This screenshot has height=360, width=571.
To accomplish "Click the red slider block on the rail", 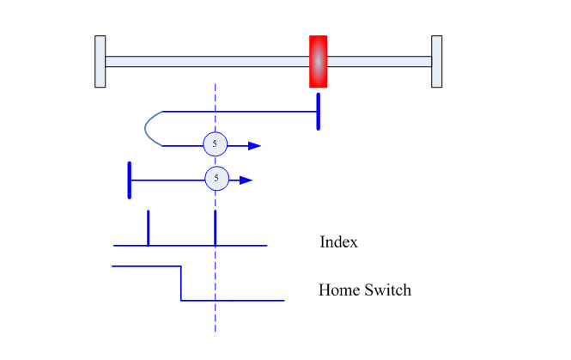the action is coord(319,62).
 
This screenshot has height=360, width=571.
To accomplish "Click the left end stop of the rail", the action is coord(100,62).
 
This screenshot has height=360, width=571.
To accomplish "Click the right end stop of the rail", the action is coord(437,62).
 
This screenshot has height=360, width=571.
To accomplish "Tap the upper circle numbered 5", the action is coord(216,144).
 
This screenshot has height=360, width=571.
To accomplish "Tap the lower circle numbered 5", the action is coord(217,179).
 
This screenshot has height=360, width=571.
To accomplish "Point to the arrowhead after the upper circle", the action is coord(254,146).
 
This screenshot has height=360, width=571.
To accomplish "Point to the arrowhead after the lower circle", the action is coord(246,180).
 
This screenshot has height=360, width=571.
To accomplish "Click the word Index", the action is coord(338,242).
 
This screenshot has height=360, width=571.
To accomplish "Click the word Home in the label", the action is coord(340,290).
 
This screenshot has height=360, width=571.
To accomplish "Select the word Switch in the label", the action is coord(388,290).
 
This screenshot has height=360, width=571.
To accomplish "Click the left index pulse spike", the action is coord(149,228).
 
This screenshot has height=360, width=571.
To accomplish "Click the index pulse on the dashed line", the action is coord(216,228).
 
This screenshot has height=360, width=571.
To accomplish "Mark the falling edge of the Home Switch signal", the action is coord(181,284).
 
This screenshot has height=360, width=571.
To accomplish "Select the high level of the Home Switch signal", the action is coord(146,266).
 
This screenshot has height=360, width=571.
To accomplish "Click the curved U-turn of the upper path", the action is coord(145,129).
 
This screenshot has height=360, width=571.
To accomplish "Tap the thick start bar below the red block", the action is coord(319,112).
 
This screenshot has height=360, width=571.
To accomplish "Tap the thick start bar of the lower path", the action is coord(130,180).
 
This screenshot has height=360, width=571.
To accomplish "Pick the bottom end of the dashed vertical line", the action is coord(216,332).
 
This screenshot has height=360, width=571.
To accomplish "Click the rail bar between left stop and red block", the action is coord(208,62).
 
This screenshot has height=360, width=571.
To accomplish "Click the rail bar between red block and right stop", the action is coord(379,62).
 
